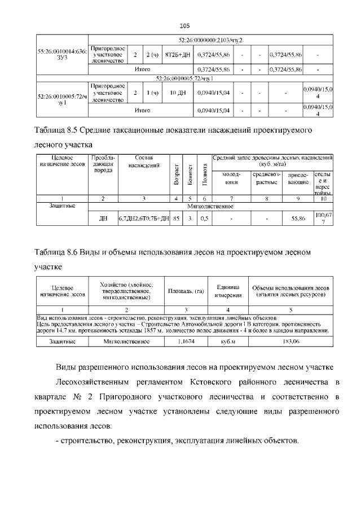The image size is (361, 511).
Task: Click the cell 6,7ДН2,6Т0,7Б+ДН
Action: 144,218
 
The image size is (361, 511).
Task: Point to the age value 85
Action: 177,218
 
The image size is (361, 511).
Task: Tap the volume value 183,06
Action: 291,342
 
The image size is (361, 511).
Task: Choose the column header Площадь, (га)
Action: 186,291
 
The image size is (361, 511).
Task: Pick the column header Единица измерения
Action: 228,291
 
